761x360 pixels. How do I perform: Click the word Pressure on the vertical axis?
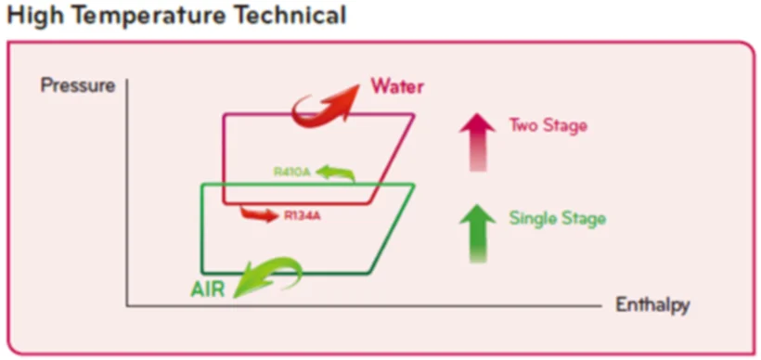pyautogui.click(x=78, y=86)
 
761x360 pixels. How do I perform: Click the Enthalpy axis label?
pyautogui.click(x=652, y=305)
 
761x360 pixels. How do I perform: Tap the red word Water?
pyautogui.click(x=397, y=87)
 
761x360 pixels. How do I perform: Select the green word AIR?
pyautogui.click(x=208, y=289)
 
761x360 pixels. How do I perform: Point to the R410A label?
pyautogui.click(x=291, y=172)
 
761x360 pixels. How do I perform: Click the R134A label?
pyautogui.click(x=303, y=216)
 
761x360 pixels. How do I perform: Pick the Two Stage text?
pyautogui.click(x=548, y=125)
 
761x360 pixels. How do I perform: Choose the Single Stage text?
pyautogui.click(x=557, y=218)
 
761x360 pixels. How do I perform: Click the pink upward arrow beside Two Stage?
pyautogui.click(x=478, y=142)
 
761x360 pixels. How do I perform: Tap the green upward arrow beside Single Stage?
pyautogui.click(x=478, y=234)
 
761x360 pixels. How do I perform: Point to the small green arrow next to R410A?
pyautogui.click(x=336, y=173)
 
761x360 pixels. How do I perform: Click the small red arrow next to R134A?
pyautogui.click(x=260, y=213)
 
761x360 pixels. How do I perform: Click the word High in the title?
pyautogui.click(x=36, y=16)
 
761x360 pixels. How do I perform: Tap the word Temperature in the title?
pyautogui.click(x=149, y=16)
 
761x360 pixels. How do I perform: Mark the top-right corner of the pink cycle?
pyautogui.click(x=414, y=114)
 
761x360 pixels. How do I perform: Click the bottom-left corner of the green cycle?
pyautogui.click(x=202, y=273)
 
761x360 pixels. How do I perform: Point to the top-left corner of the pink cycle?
pyautogui.click(x=224, y=114)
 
